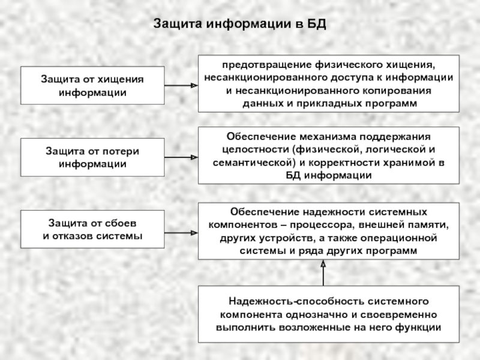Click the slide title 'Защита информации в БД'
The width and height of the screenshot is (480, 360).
click(239, 25)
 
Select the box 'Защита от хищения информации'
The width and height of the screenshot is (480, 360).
click(92, 86)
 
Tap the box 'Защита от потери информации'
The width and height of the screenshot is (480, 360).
click(92, 158)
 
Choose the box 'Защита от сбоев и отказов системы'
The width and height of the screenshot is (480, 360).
click(92, 230)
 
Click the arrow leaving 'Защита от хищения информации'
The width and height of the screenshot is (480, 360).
click(181, 86)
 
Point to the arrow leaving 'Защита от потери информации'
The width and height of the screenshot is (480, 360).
click(181, 158)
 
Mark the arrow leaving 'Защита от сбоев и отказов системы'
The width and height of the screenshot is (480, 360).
click(181, 230)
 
